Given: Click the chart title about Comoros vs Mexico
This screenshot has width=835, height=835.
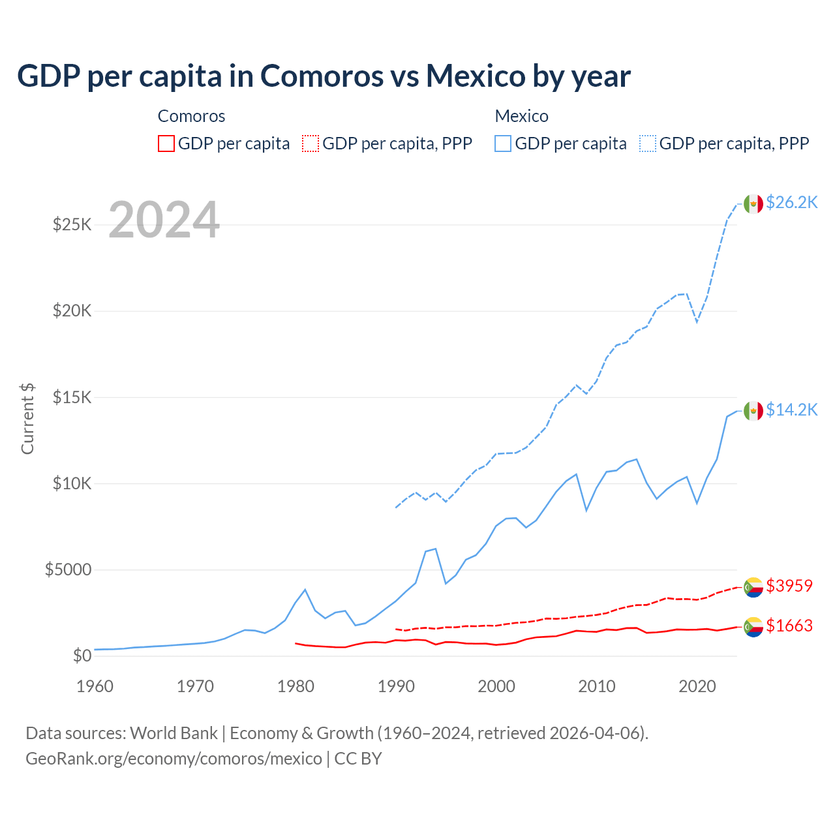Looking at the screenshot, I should tap(324, 76).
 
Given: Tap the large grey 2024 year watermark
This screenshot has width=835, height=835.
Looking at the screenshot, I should tap(164, 220).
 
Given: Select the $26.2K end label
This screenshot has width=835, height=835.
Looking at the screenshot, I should tap(791, 203).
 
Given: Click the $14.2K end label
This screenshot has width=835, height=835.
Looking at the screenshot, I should tap(791, 410).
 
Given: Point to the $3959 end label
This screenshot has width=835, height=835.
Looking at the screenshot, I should tap(789, 586).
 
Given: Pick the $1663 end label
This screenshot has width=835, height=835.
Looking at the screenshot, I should tap(789, 626).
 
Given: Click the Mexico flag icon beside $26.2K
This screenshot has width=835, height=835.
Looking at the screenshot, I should tap(753, 204).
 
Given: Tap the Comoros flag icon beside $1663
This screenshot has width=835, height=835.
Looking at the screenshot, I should tap(753, 627).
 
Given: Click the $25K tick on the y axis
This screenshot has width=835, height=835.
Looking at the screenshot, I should tap(72, 225).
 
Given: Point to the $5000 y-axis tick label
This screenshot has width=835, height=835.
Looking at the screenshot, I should tap(68, 569).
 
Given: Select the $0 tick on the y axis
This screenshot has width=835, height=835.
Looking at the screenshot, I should tap(82, 656).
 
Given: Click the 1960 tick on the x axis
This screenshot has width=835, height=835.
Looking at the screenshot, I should tap(95, 686).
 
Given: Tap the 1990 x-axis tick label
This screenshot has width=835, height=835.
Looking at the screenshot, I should tap(396, 686).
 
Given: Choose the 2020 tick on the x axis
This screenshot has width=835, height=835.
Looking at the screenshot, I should tap(697, 686).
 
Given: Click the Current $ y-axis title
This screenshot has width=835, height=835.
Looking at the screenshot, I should tap(27, 419).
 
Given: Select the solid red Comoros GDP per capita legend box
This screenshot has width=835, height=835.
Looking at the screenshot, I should tap(166, 144).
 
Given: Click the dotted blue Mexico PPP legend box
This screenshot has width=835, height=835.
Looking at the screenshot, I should tap(648, 144).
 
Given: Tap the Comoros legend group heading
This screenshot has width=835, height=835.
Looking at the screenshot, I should tap(191, 116).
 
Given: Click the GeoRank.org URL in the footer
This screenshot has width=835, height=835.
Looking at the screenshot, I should tap(174, 759).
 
